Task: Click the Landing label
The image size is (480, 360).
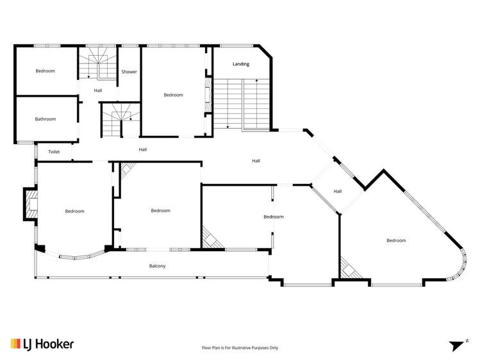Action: (241, 64)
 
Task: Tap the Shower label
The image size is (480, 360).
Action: (129, 72)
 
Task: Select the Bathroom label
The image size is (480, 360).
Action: (46, 119)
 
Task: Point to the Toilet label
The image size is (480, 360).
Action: (54, 152)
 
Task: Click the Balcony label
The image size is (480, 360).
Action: (158, 266)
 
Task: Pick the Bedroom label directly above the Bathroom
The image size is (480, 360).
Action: (46, 71)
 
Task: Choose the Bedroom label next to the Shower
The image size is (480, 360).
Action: (173, 95)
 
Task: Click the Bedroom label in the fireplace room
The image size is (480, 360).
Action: (74, 211)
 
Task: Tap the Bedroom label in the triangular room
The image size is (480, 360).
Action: (396, 240)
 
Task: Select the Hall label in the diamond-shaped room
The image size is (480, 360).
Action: (338, 191)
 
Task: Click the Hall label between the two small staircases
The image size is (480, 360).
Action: (98, 90)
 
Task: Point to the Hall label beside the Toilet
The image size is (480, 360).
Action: (143, 149)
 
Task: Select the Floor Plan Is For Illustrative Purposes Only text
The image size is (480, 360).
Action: (240, 348)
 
